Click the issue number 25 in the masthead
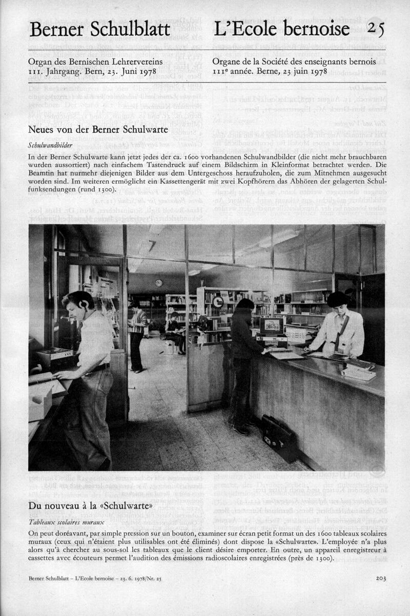tap(376, 29)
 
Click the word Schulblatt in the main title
tap(134, 30)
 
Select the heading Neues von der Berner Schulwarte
tap(98, 130)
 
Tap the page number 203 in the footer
tap(380, 578)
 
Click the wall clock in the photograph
tap(159, 283)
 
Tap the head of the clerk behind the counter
tap(339, 300)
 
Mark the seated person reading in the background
tap(174, 331)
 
